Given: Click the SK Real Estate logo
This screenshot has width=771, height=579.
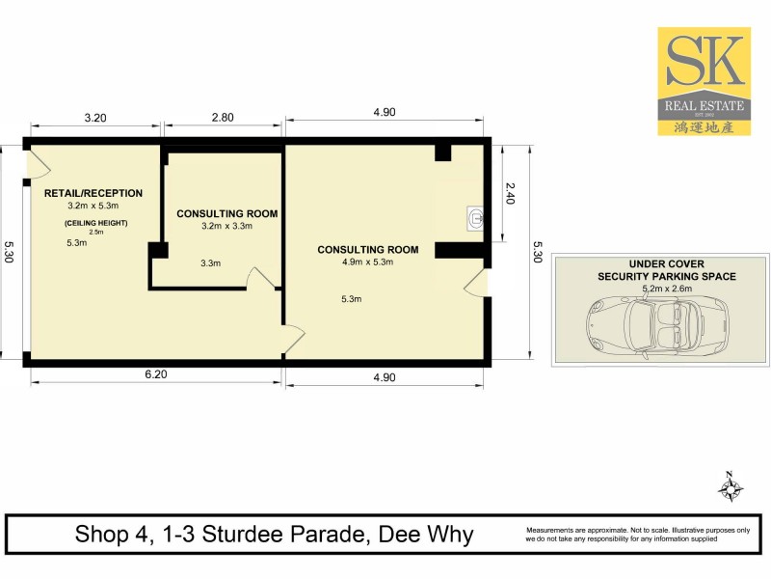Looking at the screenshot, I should pos(704,80).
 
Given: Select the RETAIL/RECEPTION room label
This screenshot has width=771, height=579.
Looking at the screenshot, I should pos(93,193).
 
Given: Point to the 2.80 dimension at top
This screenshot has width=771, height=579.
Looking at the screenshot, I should pos(222,117).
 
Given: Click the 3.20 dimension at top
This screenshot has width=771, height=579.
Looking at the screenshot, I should pos(94,117).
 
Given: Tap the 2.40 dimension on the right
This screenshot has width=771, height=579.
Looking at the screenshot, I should pos(512,196).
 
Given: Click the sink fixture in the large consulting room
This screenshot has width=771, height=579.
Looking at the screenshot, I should pos(474,218).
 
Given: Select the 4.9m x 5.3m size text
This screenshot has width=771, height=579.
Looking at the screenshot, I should pos(368,262).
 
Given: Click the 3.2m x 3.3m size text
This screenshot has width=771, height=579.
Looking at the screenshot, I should pos(227,227).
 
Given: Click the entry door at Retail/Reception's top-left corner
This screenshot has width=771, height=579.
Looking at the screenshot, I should pos(37,162).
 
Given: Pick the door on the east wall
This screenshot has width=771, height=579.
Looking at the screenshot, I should pos(476,283).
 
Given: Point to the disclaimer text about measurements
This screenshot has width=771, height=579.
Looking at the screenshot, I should pos(637,535).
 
